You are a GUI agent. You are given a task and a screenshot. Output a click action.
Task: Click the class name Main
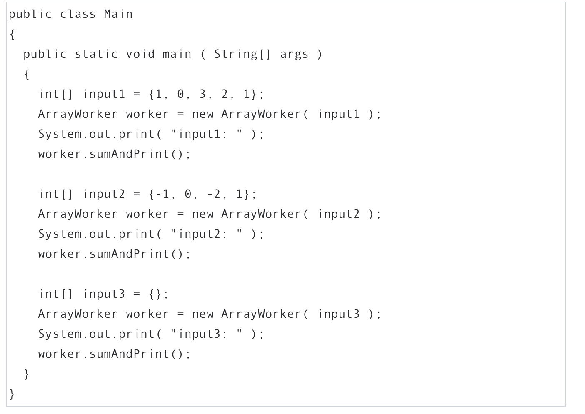pos(118,14)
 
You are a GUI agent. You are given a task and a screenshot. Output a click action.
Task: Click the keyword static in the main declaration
pos(96,54)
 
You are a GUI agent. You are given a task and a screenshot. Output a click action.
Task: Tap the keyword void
pos(140,54)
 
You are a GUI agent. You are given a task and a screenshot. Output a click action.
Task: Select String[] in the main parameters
pos(242,54)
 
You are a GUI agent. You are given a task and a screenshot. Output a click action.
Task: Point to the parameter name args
pos(294,54)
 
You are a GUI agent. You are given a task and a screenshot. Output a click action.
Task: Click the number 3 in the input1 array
pos(202,94)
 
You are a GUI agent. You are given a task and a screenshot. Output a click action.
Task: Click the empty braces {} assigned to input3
pos(155,294)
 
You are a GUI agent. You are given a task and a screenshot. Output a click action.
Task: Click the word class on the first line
pos(77,14)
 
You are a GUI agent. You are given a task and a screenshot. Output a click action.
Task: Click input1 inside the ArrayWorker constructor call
pos(338,114)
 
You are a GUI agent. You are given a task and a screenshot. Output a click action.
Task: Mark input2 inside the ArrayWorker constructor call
pos(338,214)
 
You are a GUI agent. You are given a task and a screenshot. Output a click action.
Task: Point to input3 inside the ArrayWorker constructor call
pos(338,314)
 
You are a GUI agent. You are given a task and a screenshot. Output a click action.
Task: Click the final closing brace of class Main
pos(12,394)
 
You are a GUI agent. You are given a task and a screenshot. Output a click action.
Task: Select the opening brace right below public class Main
pos(12,34)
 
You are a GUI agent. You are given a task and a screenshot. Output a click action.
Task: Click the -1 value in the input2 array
pos(162,194)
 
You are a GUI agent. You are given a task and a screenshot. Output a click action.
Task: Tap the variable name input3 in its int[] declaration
pos(103,294)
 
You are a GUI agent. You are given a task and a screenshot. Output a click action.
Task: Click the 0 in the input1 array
pos(180,94)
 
